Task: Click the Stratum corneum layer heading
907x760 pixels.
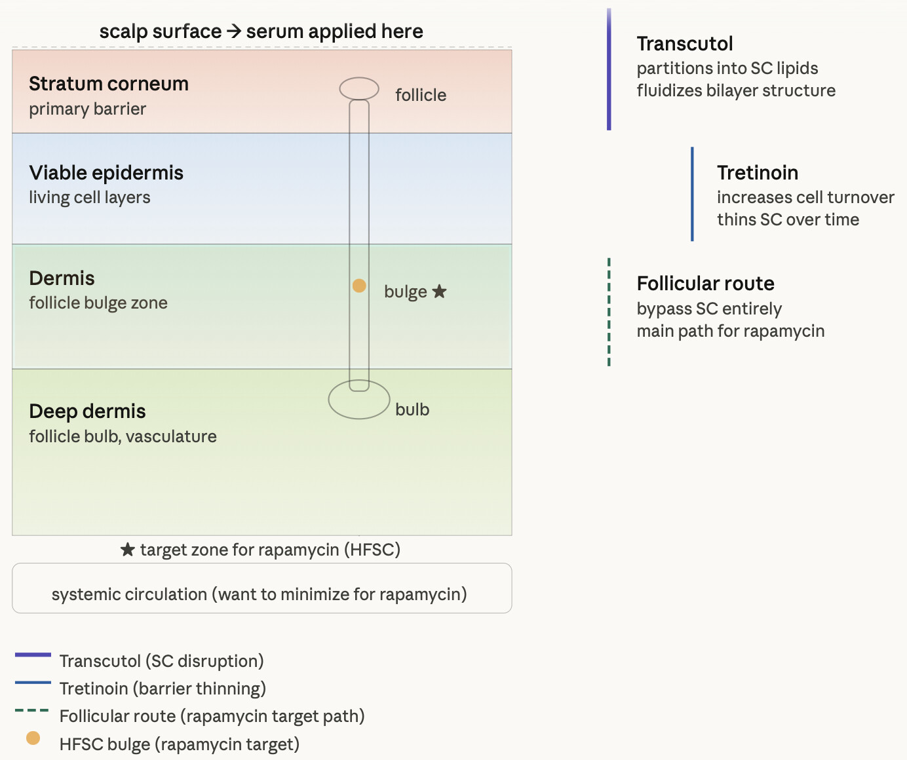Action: click(109, 84)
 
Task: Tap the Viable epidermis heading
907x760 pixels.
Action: click(106, 173)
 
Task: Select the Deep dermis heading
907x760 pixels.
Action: click(87, 411)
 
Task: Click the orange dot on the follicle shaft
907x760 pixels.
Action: click(359, 286)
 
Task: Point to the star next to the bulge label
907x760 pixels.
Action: click(440, 292)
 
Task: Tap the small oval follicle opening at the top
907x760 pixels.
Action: click(359, 88)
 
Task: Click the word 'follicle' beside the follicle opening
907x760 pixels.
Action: click(421, 95)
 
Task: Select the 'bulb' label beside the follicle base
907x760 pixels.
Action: click(412, 409)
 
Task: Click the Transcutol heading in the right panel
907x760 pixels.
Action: click(685, 44)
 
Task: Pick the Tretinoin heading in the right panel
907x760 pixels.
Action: click(758, 173)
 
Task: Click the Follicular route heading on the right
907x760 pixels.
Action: click(705, 284)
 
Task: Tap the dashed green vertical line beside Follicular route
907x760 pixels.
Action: click(609, 312)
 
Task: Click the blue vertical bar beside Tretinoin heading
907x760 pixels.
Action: click(692, 194)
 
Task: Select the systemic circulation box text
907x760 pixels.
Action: click(260, 594)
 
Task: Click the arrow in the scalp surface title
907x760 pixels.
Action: click(234, 31)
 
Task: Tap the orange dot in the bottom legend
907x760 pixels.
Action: click(33, 738)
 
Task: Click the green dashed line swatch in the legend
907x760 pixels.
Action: click(32, 710)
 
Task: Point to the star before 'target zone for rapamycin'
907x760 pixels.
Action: click(128, 550)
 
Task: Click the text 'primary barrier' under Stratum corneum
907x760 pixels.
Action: click(88, 109)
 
